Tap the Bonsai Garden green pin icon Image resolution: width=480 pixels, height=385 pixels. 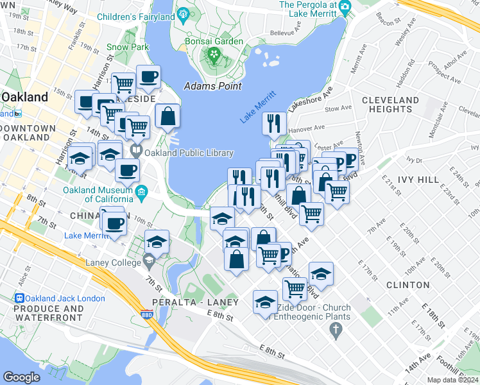[x=214, y=56]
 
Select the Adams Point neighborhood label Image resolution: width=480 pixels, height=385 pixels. [x=212, y=86]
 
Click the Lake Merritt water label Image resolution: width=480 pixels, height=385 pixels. [x=258, y=107]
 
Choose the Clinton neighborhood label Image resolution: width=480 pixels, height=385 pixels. [x=408, y=284]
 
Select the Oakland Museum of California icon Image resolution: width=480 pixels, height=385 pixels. [x=142, y=191]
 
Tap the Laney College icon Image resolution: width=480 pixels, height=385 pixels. [x=149, y=261]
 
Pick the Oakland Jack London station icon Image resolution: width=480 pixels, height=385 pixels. [x=19, y=298]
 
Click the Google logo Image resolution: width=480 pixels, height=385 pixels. [x=21, y=377]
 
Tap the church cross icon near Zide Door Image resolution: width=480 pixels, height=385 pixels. [x=334, y=331]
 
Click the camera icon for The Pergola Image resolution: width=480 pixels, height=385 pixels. [x=345, y=6]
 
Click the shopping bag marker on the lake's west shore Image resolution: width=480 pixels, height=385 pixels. [x=167, y=117]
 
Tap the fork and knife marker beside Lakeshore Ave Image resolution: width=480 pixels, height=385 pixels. [x=275, y=123]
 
